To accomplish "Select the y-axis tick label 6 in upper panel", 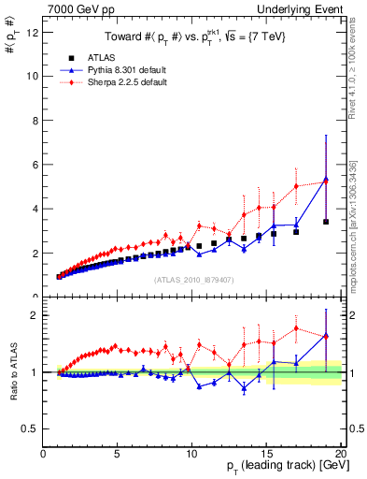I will tap(35, 165).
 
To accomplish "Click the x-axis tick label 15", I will tap(267, 455).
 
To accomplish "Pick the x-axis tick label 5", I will tap(118, 455).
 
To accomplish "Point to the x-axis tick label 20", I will tap(341, 455).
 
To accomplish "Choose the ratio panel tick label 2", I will tap(35, 315).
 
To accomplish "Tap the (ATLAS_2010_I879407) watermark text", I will tap(193, 278).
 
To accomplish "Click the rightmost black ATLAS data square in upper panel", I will tap(326, 222).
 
